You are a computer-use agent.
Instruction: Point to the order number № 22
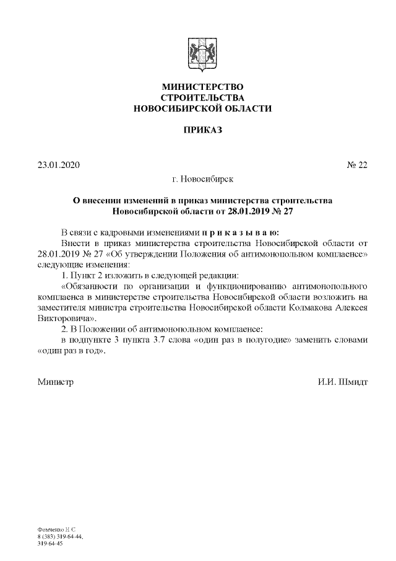pos(357,165)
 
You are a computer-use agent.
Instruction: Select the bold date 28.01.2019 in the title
pos(239,211)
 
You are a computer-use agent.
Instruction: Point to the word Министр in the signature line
pos(55,382)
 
